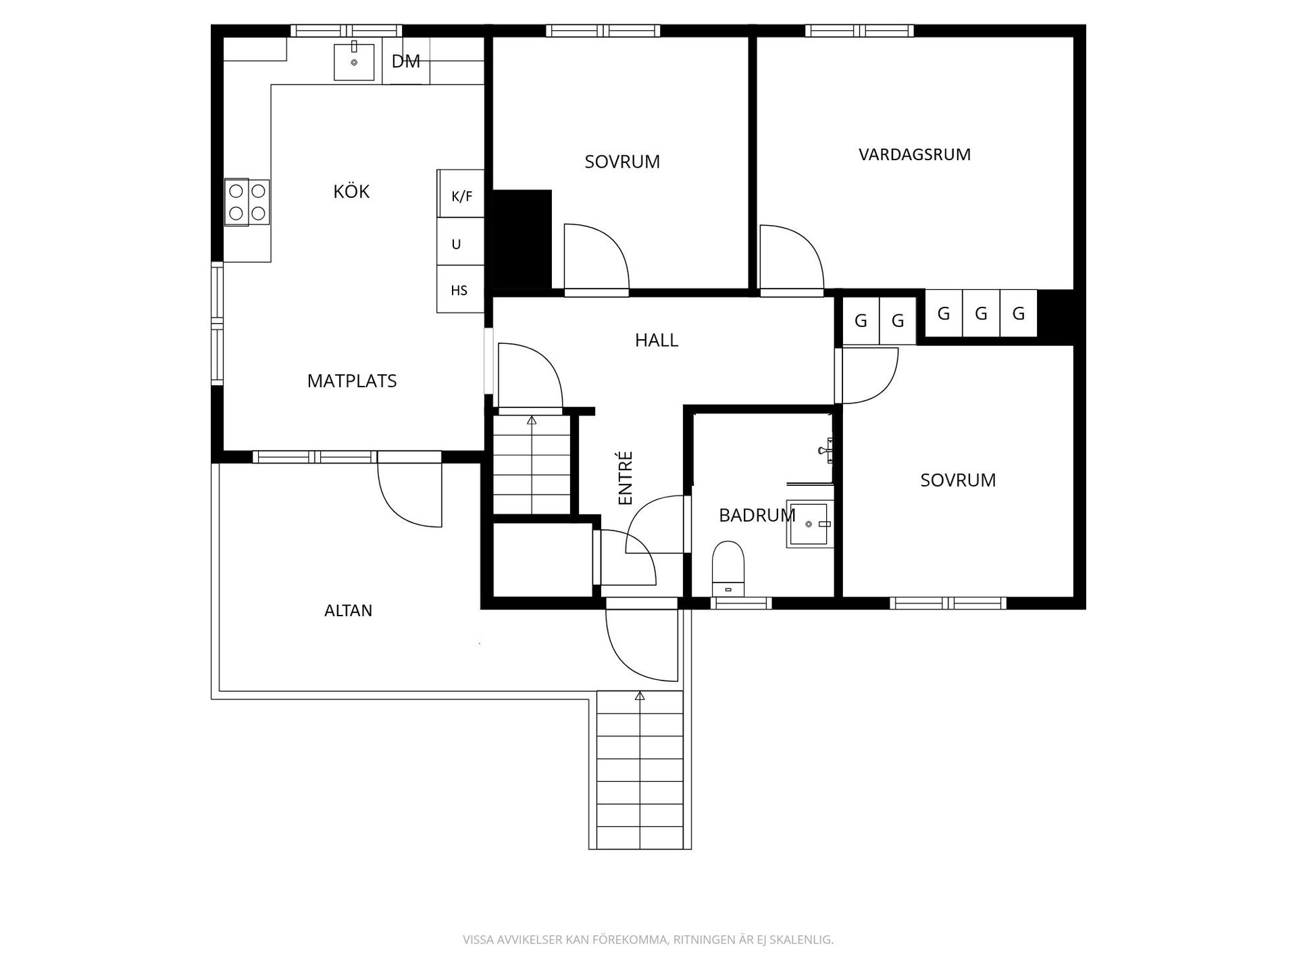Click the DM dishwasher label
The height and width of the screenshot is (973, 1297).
click(x=406, y=61)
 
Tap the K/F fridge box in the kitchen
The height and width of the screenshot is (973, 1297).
click(x=461, y=197)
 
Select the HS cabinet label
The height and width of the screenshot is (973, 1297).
click(x=459, y=291)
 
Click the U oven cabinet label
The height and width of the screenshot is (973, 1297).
click(x=457, y=244)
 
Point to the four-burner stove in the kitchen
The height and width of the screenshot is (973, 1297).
click(x=247, y=202)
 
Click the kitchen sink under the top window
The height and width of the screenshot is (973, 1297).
click(x=354, y=61)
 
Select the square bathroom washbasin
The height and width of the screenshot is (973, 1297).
click(x=809, y=524)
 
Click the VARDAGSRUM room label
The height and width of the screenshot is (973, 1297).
click(x=915, y=155)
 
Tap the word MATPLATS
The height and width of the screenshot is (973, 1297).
click(x=352, y=381)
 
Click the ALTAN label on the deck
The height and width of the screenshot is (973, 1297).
click(x=348, y=611)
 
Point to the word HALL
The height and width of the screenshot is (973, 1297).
click(x=656, y=341)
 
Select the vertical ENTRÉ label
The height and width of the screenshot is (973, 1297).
click(x=626, y=478)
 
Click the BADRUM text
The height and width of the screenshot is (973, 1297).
click(x=757, y=516)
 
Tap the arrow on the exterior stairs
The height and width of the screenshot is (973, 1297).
click(x=640, y=695)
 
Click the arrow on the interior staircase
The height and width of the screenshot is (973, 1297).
click(x=532, y=420)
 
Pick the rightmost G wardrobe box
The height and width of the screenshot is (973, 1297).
click(x=1019, y=314)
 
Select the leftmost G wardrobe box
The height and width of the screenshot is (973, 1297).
click(x=861, y=321)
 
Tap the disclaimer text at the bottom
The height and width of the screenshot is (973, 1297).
click(x=648, y=940)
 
